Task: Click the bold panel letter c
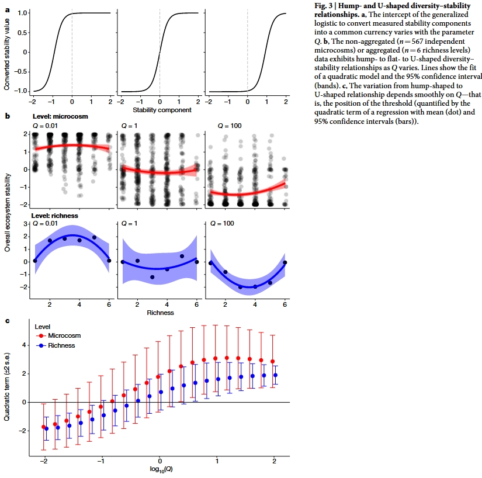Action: (7, 320)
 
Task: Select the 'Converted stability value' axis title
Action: (7, 52)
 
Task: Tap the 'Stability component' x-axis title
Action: (159, 110)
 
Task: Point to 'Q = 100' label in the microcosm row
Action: (230, 126)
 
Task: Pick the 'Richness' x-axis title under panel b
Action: (159, 313)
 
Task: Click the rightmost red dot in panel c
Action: (272, 362)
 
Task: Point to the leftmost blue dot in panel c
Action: (47, 429)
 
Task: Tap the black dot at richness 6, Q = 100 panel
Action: (285, 262)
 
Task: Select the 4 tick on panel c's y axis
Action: (23, 345)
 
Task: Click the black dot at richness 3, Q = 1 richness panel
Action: (152, 277)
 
